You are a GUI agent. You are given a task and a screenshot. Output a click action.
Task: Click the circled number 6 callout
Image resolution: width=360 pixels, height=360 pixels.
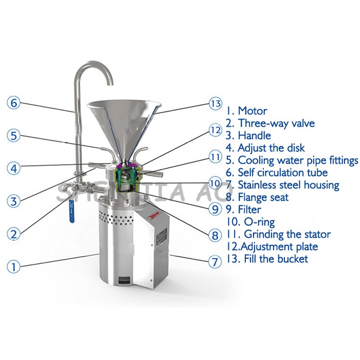(13, 103)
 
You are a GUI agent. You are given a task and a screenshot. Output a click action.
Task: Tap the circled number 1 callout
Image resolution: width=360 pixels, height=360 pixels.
(13, 267)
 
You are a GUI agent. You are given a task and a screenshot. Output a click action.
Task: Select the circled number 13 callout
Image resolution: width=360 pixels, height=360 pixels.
(216, 103)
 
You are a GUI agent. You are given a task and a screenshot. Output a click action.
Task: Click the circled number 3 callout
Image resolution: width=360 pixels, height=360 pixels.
(13, 201)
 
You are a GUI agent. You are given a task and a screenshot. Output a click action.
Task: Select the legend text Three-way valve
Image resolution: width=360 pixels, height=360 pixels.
(276, 123)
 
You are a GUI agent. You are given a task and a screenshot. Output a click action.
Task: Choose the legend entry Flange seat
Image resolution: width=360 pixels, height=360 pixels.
(263, 197)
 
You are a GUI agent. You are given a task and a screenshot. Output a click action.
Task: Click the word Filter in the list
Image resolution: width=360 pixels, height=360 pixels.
(249, 209)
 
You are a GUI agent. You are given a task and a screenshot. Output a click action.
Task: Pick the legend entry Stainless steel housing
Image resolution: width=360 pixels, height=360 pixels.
(288, 184)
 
